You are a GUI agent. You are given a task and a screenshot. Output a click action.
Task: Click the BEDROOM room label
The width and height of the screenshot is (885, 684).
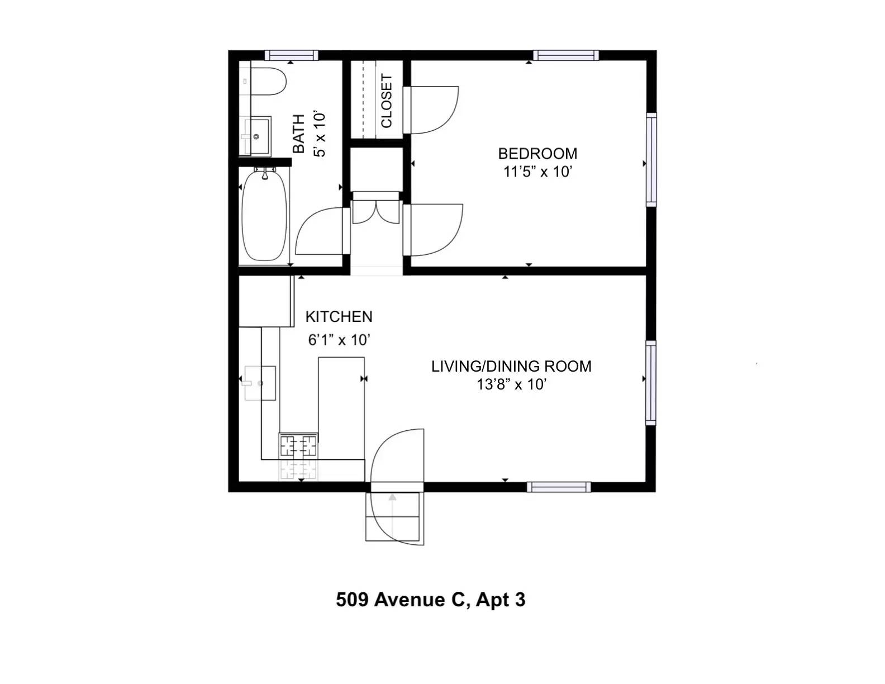tap(537, 154)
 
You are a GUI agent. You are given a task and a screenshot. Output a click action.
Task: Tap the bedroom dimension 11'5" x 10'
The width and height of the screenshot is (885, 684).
tap(537, 172)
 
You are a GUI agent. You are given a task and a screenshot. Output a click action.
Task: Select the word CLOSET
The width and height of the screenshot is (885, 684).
tap(386, 101)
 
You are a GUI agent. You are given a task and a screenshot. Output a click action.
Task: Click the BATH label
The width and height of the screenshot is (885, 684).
tap(299, 134)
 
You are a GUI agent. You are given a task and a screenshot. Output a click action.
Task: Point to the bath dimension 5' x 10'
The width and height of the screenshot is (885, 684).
tap(320, 135)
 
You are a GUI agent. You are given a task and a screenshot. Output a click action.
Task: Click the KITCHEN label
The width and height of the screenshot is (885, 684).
tap(339, 316)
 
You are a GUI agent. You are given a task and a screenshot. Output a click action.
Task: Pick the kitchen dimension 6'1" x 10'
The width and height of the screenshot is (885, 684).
tap(339, 340)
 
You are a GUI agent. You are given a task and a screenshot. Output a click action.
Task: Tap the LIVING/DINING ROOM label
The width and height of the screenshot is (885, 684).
tap(511, 366)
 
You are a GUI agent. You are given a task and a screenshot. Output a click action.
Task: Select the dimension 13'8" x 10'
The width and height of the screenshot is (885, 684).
tap(511, 384)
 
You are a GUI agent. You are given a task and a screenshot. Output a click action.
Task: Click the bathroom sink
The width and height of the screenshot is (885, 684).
tap(256, 136)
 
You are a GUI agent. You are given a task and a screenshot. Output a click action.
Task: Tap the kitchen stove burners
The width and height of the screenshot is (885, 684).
tap(298, 445)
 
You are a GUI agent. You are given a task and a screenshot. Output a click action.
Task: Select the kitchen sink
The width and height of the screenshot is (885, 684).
tap(259, 383)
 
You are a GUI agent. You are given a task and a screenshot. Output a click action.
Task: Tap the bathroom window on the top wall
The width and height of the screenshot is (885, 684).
tap(291, 55)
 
